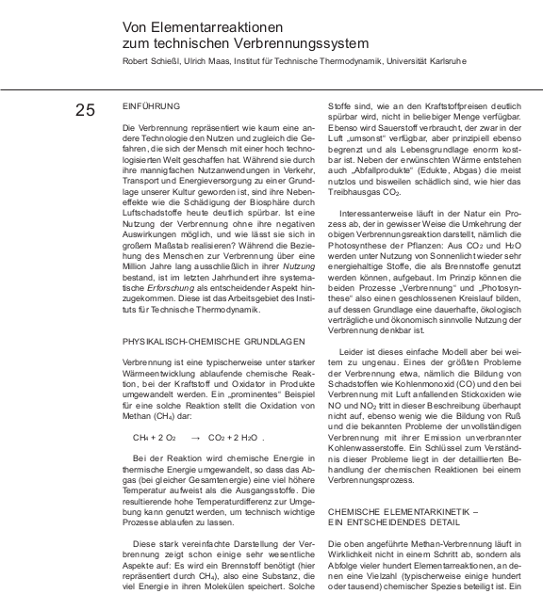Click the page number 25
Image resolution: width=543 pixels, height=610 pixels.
click(85, 110)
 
